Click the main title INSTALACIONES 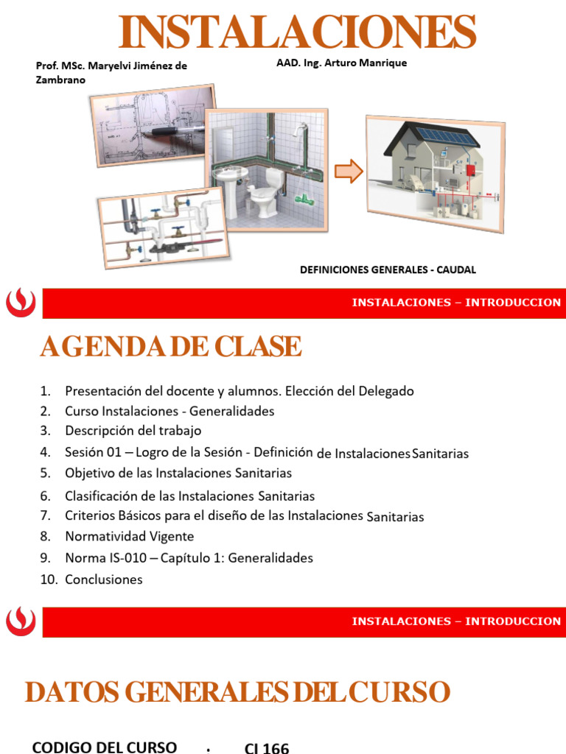point(298,31)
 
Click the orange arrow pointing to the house point(349,172)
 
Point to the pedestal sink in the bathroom point(231,180)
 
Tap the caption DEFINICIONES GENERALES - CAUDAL point(388,269)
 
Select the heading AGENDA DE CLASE point(170,346)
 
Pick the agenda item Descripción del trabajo point(133,430)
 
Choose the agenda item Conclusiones point(103,579)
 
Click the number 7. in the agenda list point(46,515)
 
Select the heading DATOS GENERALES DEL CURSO point(237,692)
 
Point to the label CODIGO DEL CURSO point(104,747)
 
